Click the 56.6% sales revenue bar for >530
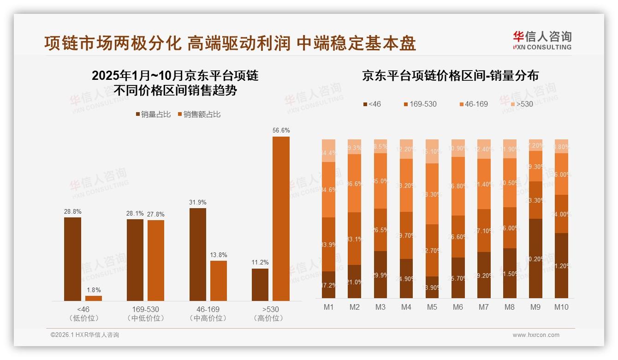pos(281,218)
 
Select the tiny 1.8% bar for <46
pos(94,298)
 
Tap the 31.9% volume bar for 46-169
pos(197,254)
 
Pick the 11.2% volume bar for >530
pos(260,284)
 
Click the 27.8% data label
pos(156,214)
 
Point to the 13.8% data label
pos(219,255)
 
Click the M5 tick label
pos(432,307)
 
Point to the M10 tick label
pos(561,307)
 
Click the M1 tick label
pos(328,307)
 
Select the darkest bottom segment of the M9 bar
pos(535,258)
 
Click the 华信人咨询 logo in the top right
pos(542,40)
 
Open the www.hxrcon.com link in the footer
pos(536,335)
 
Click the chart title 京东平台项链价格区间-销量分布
pos(450,76)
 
